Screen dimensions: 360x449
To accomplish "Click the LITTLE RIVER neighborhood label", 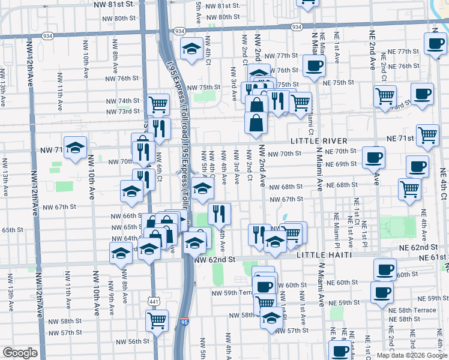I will point(319,140).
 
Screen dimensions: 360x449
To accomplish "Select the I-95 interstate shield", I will point(184,322).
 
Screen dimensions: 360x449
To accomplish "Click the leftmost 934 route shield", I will point(47,36).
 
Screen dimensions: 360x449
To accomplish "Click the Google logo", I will point(20,353).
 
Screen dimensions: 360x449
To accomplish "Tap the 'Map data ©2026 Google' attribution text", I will point(411,355).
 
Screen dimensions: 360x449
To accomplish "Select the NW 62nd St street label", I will point(214,259).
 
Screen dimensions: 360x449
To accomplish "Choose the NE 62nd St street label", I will point(420,247).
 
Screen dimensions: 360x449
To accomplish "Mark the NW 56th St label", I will point(133,341).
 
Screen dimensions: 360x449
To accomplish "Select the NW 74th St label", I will point(122,101).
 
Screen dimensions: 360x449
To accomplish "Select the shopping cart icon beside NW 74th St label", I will point(158,104).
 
